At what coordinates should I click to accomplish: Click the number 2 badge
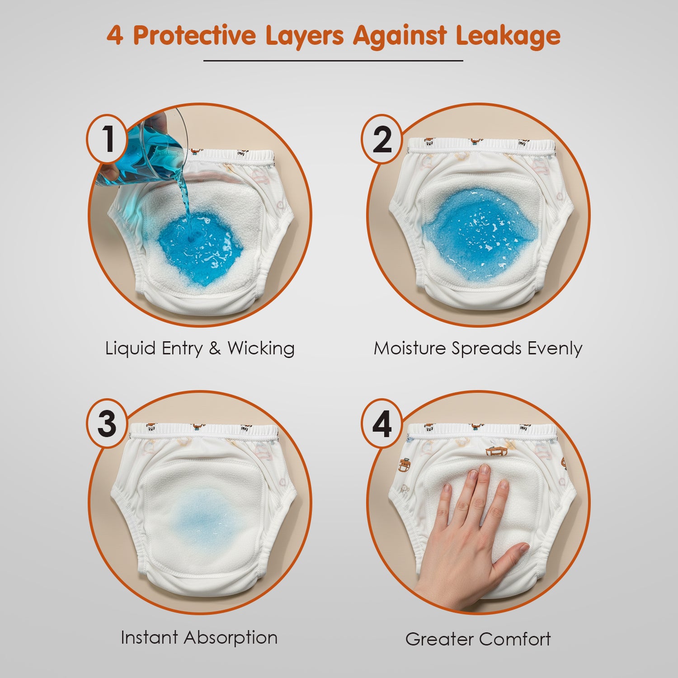382,139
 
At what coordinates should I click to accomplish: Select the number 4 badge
382,424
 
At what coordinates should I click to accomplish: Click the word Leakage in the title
508,36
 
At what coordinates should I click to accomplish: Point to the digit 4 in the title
115,35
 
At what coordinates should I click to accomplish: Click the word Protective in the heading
194,35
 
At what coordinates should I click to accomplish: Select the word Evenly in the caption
555,349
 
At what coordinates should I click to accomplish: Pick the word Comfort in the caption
515,639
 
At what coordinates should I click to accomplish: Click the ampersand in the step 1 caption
215,348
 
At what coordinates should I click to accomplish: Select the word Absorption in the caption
231,638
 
